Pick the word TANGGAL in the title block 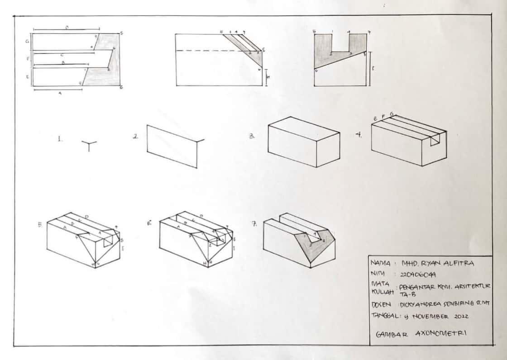[382, 316]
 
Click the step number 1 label [59, 140]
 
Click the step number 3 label [251, 136]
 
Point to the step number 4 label [359, 135]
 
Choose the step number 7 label [255, 223]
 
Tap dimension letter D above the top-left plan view [67, 28]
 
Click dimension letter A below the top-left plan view [60, 93]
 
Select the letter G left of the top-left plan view [28, 41]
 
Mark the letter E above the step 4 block [375, 118]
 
